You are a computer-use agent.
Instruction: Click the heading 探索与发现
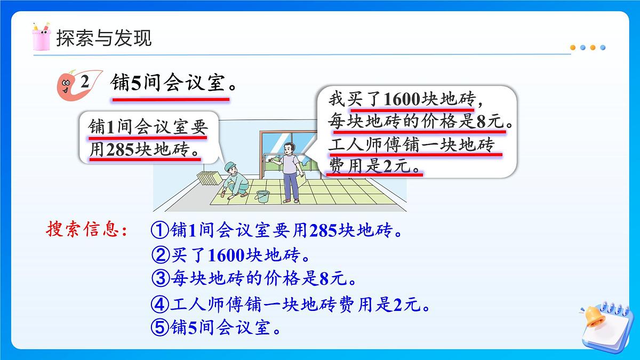pos(103,38)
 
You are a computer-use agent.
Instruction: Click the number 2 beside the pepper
pos(84,83)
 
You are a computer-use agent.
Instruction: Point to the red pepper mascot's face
pos(67,85)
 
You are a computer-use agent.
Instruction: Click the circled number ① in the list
pos(159,231)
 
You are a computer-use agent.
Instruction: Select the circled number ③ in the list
pos(159,278)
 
